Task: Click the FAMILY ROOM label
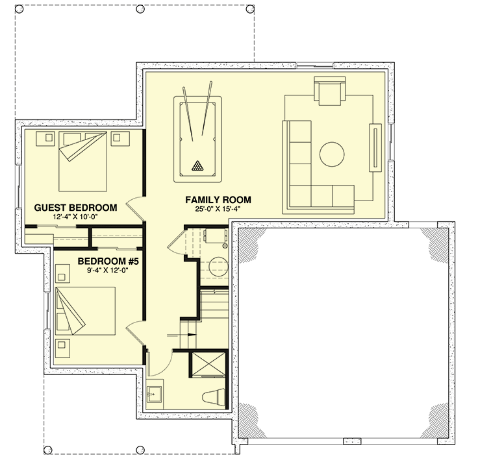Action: click(218, 199)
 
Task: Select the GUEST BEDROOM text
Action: click(75, 208)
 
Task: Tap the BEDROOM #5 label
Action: click(108, 261)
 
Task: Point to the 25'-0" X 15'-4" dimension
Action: click(218, 209)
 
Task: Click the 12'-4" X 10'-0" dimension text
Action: click(75, 217)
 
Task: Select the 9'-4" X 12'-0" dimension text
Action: click(108, 271)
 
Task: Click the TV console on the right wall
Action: click(375, 147)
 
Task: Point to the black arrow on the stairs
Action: click(190, 335)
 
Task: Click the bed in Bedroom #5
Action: click(86, 311)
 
